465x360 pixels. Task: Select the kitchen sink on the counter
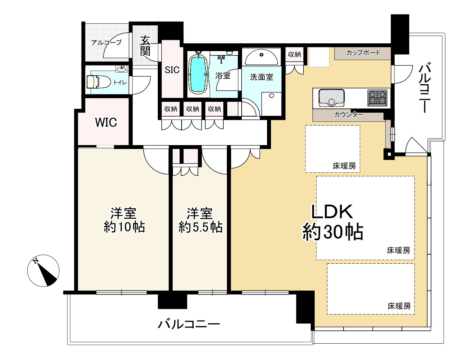(x=331, y=98)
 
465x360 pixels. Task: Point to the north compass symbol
(x=43, y=271)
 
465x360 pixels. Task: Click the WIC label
(x=106, y=122)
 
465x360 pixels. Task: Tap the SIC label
(x=172, y=70)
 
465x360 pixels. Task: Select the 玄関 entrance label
(x=145, y=46)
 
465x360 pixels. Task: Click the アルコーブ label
(x=106, y=43)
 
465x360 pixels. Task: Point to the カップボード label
(x=363, y=52)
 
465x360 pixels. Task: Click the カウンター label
(x=349, y=114)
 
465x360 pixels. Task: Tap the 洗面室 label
(x=261, y=77)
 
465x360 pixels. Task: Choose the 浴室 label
(x=223, y=76)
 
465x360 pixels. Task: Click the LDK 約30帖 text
(x=332, y=222)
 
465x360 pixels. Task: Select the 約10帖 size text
(x=124, y=227)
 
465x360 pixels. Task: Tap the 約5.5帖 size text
(x=200, y=227)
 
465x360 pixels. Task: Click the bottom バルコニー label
(x=189, y=324)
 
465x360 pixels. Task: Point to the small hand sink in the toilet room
(x=122, y=69)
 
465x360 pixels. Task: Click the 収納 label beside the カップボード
(x=294, y=54)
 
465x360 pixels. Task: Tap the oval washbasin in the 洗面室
(x=261, y=57)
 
